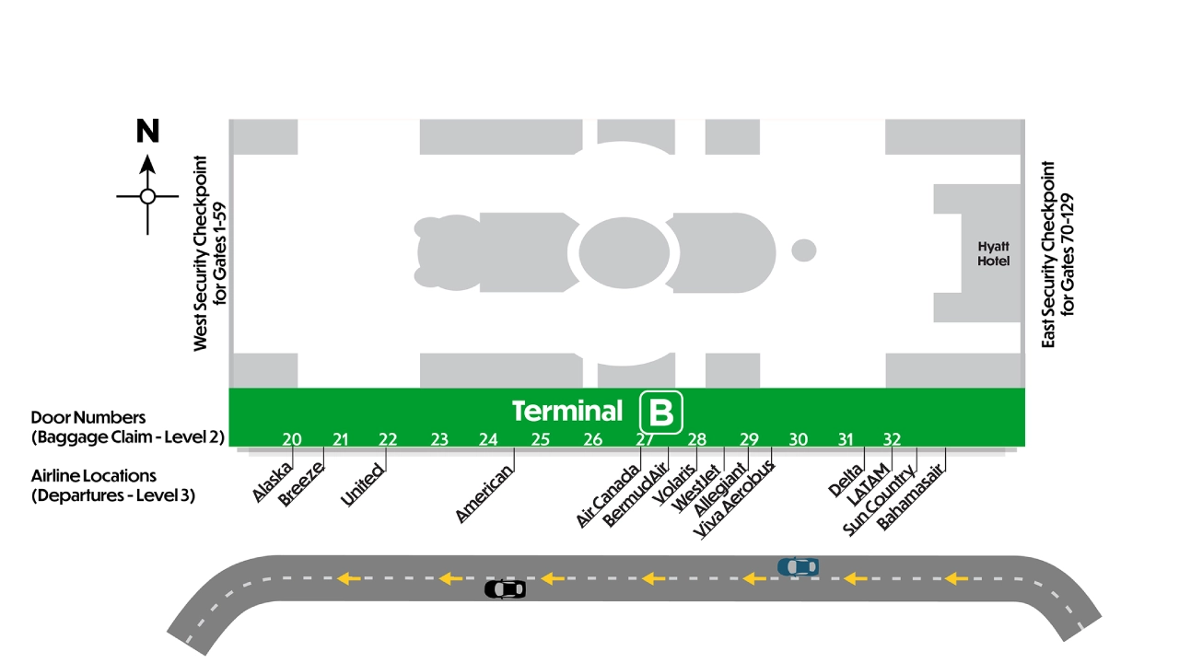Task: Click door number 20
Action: pos(292,439)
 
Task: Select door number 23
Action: pos(439,439)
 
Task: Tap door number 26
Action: pos(592,439)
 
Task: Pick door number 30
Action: pos(798,439)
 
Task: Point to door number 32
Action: pos(892,439)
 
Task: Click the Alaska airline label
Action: pos(272,482)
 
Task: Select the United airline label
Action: pos(363,484)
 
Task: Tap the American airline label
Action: pos(484,494)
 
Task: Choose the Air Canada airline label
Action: pos(608,495)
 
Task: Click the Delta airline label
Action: pos(846,480)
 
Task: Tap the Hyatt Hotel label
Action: pos(993,253)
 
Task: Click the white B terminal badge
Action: pos(661,413)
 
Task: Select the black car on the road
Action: pos(506,589)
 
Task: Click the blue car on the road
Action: pos(798,566)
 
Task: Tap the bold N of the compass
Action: pos(147,131)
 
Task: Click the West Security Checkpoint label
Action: pos(210,253)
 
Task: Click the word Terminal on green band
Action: pos(567,412)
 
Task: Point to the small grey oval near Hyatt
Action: pos(804,250)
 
